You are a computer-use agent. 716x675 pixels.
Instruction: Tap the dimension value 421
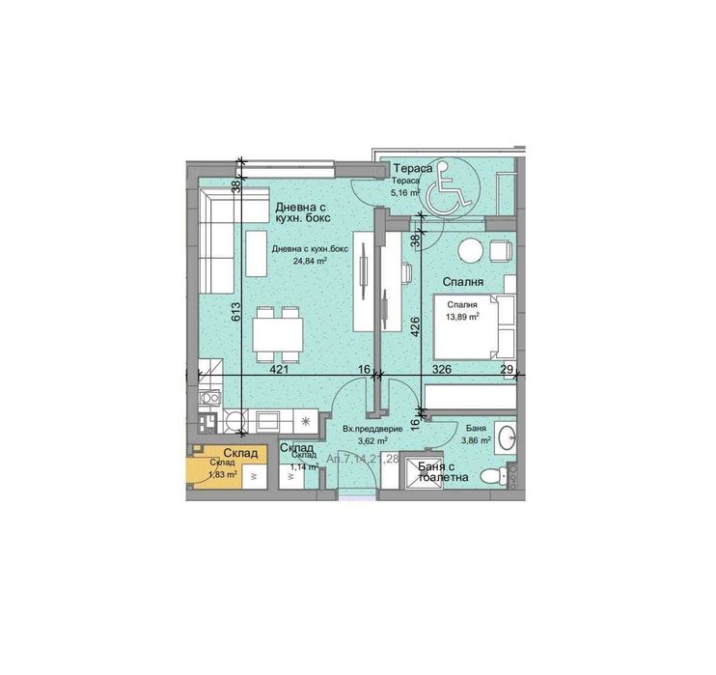(x=280, y=369)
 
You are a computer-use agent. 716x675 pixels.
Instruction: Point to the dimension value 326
(x=441, y=369)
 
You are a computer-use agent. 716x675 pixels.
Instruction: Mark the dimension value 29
(x=507, y=369)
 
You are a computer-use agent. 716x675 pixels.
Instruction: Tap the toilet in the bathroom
(x=494, y=474)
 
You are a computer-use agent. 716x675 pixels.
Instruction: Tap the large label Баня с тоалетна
(x=443, y=471)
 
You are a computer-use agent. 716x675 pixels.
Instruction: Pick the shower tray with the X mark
(x=422, y=472)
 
